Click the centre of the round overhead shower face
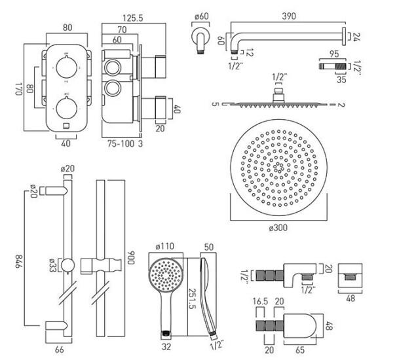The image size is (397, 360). coord(279,167)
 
